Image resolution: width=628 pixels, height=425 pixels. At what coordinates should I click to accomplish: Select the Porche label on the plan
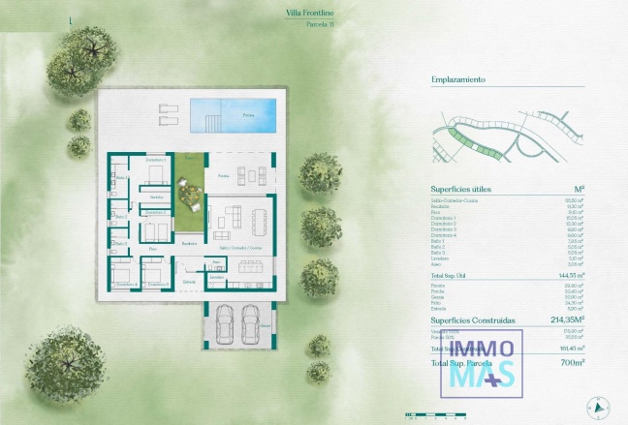[x=224, y=176]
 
